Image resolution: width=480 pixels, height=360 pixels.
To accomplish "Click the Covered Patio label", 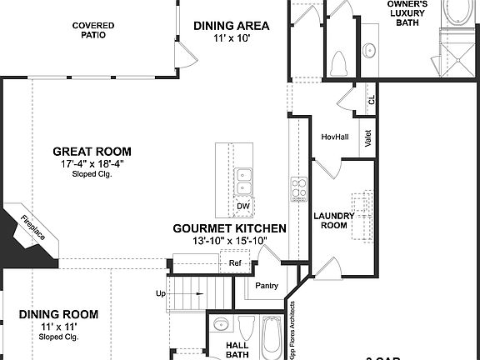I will tap(93, 30).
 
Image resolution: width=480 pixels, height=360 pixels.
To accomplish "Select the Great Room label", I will tap(92, 151).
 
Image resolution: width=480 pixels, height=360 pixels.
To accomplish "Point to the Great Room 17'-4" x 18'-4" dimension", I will tap(92, 163).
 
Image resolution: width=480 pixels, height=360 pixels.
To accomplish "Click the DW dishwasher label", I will tap(242, 206).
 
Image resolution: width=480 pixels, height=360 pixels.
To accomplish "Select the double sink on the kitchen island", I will tap(243, 177).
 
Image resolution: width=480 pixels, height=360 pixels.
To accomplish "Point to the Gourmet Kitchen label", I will tap(229, 227).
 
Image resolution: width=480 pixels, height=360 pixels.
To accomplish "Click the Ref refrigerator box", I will tap(235, 263).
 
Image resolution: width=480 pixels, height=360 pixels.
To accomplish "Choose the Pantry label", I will tap(267, 285).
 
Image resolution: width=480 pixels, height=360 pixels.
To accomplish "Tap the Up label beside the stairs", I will tap(161, 293).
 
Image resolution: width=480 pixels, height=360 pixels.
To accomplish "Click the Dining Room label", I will tap(58, 314).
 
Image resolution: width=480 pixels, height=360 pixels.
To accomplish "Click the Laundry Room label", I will tap(334, 221).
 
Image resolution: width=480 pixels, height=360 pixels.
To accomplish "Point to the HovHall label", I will tap(334, 137).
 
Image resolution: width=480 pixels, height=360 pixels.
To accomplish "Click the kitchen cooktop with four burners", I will tap(297, 189).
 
